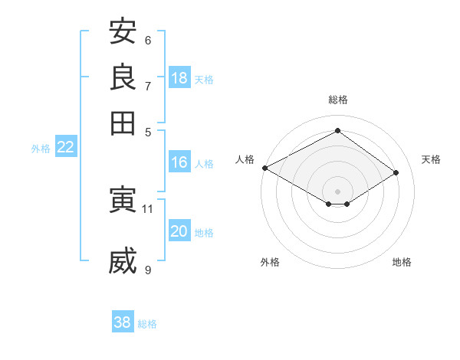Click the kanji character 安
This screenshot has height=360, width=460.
(123, 31)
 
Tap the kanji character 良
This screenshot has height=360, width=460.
(123, 77)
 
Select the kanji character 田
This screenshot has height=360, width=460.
(123, 123)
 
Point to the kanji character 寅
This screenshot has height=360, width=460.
(123, 199)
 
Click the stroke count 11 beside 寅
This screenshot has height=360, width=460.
(147, 209)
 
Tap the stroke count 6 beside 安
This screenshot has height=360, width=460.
(148, 41)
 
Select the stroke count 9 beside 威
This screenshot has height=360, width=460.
(148, 270)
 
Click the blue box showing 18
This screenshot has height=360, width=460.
(179, 77)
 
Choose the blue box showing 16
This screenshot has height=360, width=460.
(179, 162)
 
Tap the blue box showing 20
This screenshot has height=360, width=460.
(179, 230)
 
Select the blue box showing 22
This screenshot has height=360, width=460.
(66, 146)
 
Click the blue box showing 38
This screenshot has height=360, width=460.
(123, 321)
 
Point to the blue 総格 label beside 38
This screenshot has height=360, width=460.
(147, 324)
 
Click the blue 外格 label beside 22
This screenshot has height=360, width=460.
(41, 149)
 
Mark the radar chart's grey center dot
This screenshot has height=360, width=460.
(337, 191)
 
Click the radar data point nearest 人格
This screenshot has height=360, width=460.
(265, 168)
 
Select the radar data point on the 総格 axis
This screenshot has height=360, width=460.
(337, 130)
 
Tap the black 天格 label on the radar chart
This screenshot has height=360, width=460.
(431, 159)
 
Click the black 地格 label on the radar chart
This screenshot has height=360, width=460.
(402, 262)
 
